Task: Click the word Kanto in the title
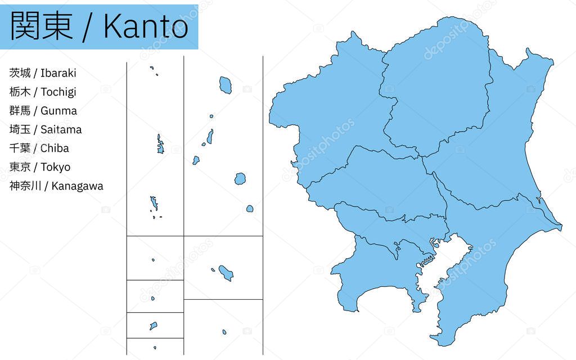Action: tap(146, 26)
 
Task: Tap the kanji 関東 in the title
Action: tap(42, 26)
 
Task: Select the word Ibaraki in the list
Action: tap(58, 73)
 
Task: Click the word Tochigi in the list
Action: tap(58, 92)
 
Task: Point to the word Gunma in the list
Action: tap(58, 111)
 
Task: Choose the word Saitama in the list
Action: tap(61, 129)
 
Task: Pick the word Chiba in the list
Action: tap(55, 148)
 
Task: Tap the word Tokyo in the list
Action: tap(55, 167)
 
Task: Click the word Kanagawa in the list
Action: tap(77, 186)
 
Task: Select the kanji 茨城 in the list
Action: tap(20, 73)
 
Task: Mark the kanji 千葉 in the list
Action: tap(20, 148)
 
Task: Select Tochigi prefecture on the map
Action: tap(433, 90)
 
